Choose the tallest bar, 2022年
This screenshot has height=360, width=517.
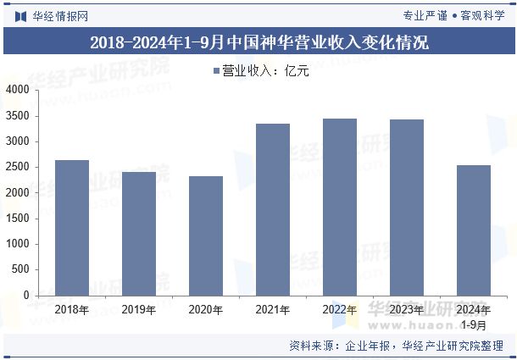(x=339, y=207)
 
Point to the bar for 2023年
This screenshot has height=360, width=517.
(x=406, y=208)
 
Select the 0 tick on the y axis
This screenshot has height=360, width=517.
(x=26, y=296)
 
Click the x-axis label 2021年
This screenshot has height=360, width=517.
(x=272, y=310)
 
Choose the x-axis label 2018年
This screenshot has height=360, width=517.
(x=71, y=310)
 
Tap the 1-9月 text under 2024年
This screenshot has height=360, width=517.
(x=473, y=324)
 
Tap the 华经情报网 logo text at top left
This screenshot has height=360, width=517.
(x=58, y=15)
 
